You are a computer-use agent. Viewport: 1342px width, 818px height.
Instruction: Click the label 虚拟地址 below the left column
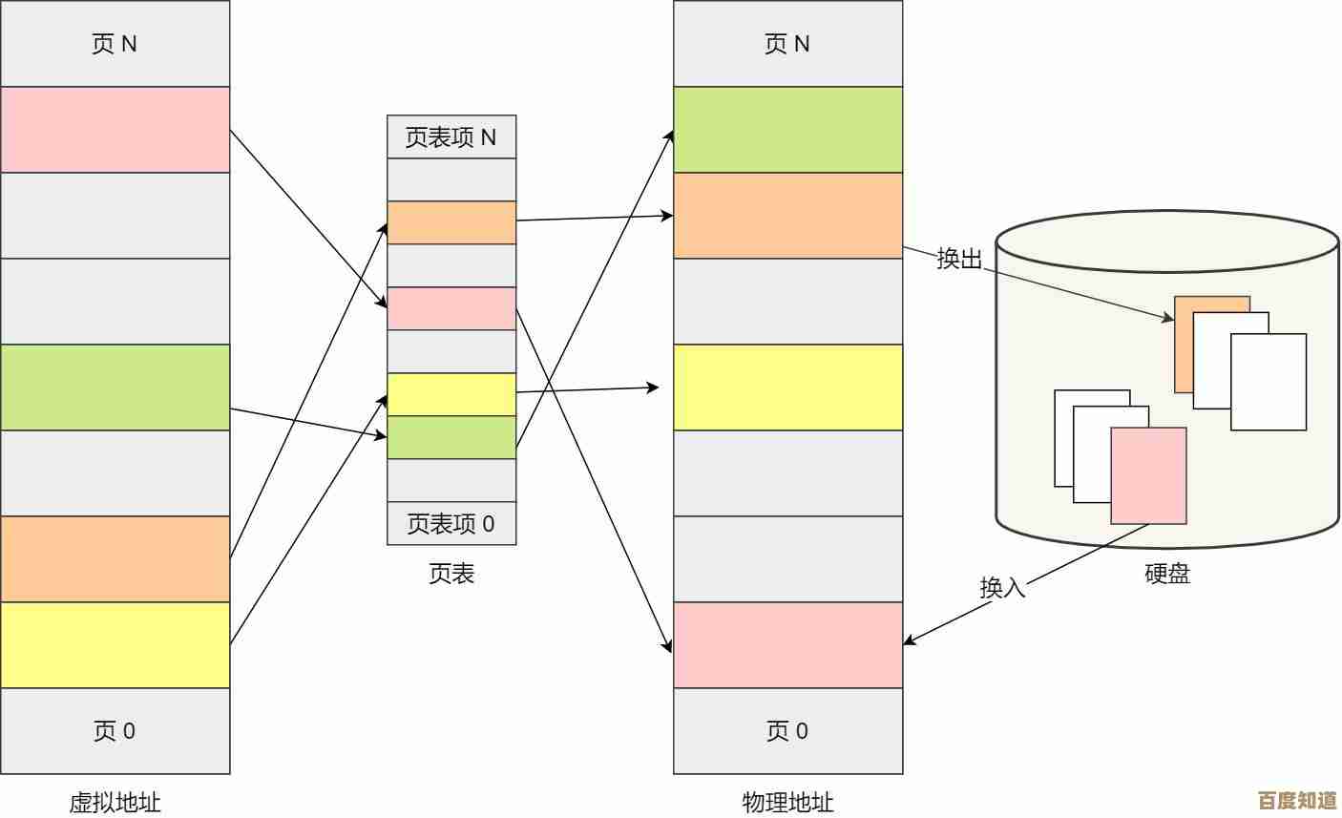click(x=115, y=803)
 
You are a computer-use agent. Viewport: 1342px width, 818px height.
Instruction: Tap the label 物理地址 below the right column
click(x=787, y=803)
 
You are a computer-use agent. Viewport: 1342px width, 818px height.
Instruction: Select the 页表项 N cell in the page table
click(x=451, y=137)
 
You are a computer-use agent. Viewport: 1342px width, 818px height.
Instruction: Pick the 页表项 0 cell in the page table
click(x=451, y=524)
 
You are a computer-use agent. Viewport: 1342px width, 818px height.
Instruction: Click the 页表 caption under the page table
click(x=451, y=574)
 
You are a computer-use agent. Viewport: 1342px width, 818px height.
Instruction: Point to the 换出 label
click(x=959, y=259)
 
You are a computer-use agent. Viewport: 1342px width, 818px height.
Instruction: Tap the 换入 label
click(x=1002, y=587)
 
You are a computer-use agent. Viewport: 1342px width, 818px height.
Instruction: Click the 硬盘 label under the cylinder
click(x=1167, y=574)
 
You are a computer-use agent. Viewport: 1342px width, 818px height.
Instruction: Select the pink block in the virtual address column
click(x=115, y=130)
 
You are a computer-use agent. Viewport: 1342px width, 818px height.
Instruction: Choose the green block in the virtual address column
click(x=115, y=388)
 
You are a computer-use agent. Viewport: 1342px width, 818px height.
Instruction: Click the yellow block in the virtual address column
click(x=115, y=645)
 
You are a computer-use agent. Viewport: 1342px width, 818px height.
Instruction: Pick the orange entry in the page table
click(x=451, y=222)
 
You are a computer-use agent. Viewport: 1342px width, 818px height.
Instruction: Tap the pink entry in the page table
click(x=451, y=308)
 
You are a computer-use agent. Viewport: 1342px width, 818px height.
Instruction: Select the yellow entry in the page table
click(x=451, y=394)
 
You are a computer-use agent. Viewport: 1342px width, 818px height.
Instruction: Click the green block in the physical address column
click(x=787, y=130)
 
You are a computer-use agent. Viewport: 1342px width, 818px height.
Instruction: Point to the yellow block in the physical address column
click(x=787, y=388)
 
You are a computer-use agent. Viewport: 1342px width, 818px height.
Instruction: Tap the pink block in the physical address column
click(x=787, y=645)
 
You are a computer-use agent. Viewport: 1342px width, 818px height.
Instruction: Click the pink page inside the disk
click(x=1148, y=475)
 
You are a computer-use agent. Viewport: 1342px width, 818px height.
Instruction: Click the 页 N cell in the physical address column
click(x=787, y=44)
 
